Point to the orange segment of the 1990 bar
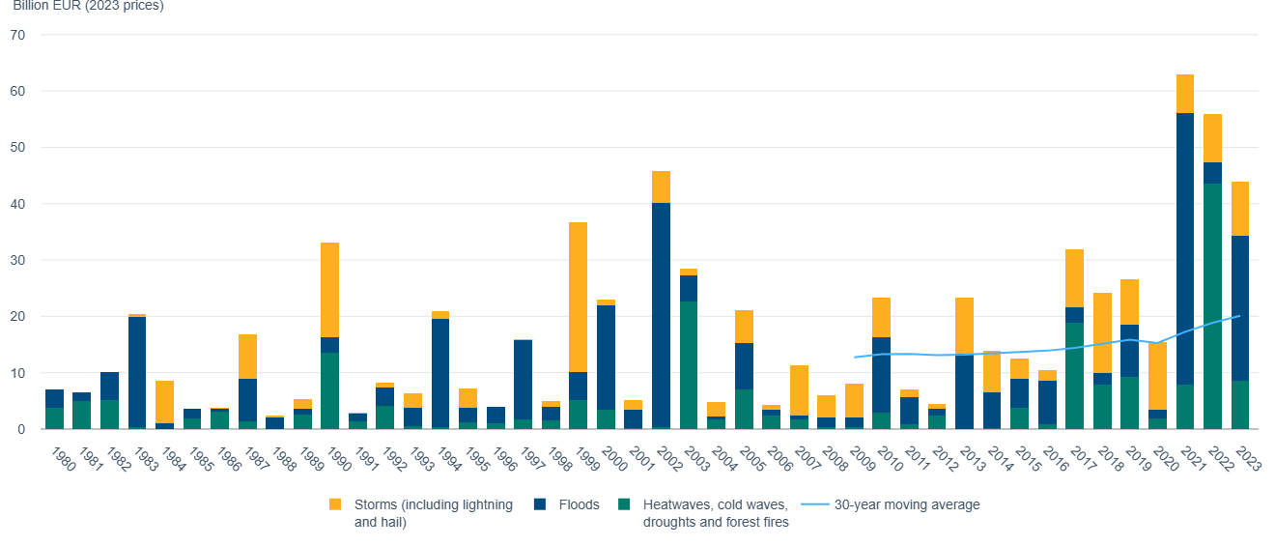(330, 290)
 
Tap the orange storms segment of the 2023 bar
(1240, 209)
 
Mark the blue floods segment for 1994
(440, 373)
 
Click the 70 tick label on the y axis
(18, 35)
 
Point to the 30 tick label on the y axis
(18, 260)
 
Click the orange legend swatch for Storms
(335, 504)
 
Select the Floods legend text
(578, 504)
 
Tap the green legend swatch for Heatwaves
(624, 504)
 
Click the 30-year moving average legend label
(906, 504)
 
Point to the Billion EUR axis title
(88, 6)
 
